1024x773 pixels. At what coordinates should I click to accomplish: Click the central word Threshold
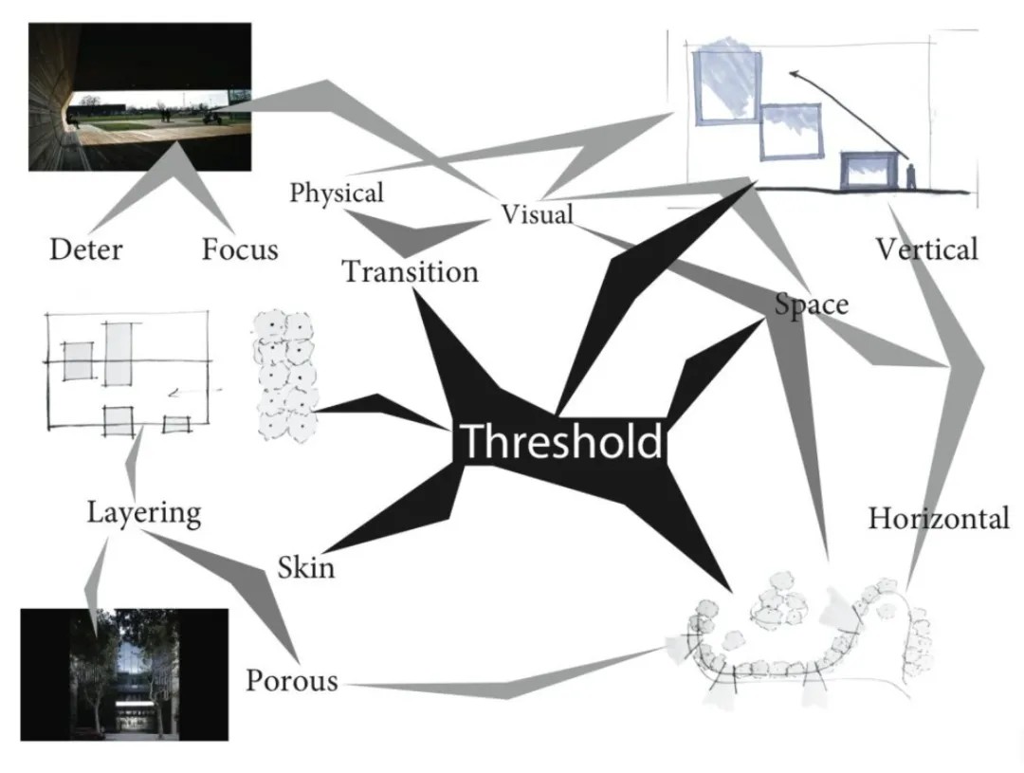tap(560, 442)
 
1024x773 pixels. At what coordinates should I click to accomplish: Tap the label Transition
tap(410, 272)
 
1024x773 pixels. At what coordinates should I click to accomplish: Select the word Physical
tap(337, 193)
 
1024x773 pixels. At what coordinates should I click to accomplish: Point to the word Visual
tap(538, 214)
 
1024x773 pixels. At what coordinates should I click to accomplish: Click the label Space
tap(811, 305)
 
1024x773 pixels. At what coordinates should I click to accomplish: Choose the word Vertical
tap(925, 249)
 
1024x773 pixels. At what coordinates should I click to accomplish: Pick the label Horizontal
tap(938, 519)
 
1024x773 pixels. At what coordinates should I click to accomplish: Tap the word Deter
tap(85, 249)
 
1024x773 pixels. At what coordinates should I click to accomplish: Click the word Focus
tap(240, 249)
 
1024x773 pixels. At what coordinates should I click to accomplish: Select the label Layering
tap(144, 513)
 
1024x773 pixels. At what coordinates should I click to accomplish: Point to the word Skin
tap(305, 567)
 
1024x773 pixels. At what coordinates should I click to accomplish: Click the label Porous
tap(292, 681)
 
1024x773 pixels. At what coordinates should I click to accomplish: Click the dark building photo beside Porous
tap(124, 674)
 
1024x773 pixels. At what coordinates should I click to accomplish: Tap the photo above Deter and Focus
tap(140, 98)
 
